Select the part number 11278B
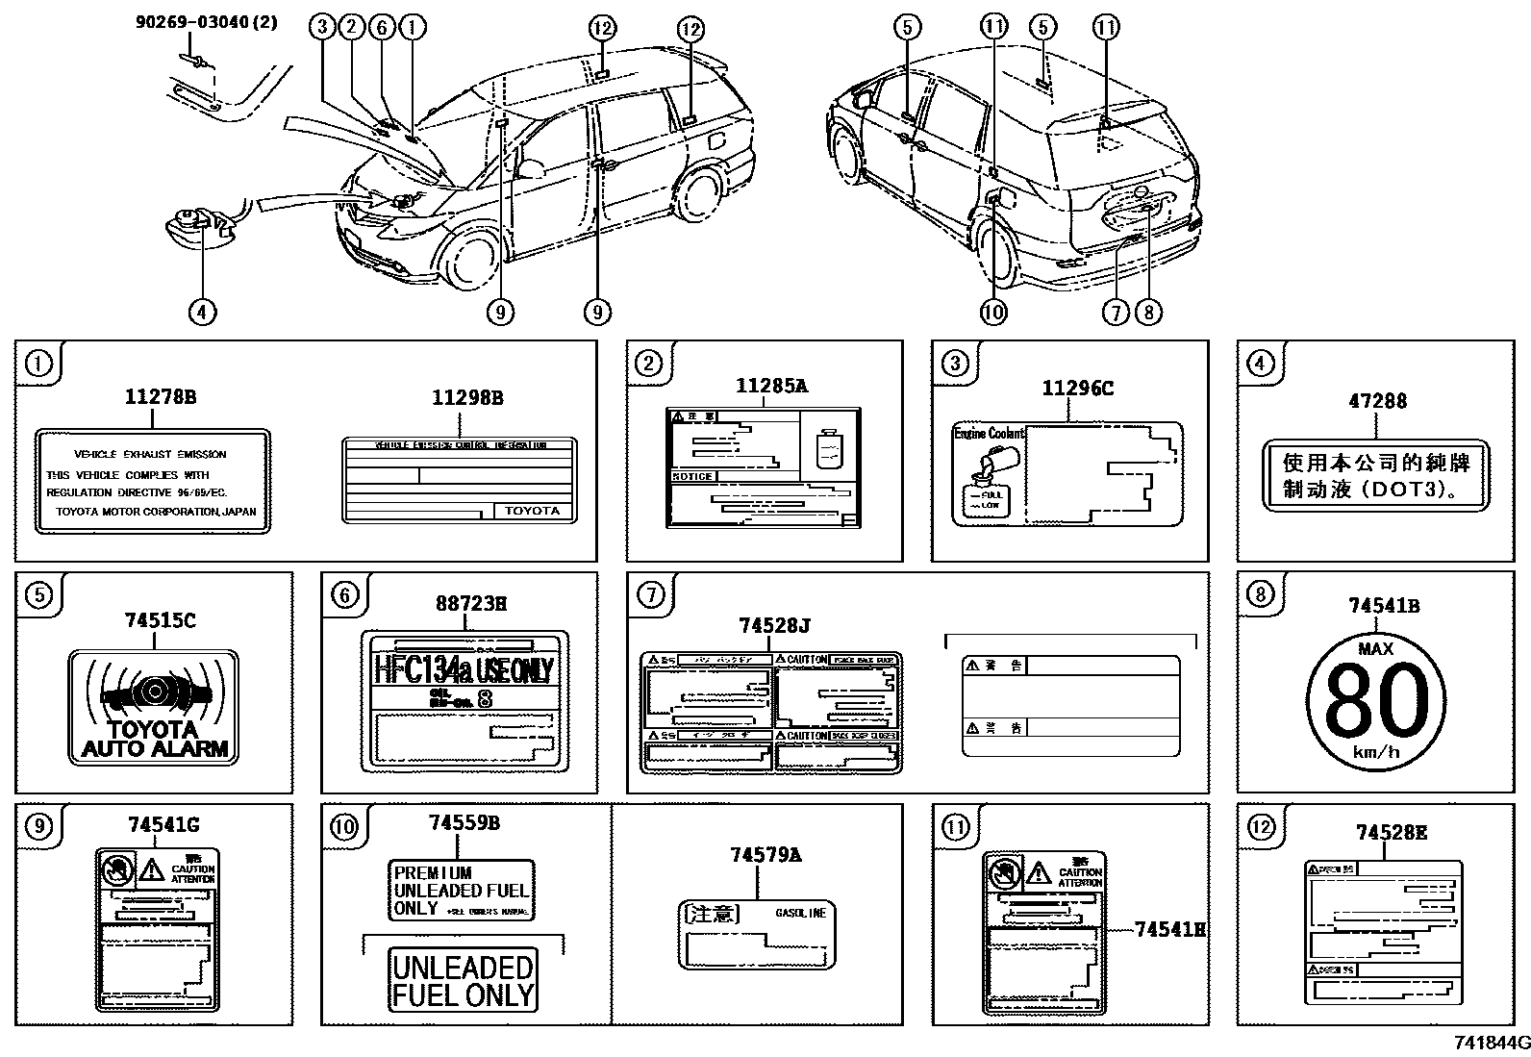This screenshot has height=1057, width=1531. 161,396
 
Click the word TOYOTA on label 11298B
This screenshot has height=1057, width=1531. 532,511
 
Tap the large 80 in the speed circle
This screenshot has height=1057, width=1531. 1376,701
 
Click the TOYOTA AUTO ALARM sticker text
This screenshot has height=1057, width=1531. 155,739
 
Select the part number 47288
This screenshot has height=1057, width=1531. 1377,400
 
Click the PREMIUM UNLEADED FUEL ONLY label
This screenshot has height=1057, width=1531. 461,891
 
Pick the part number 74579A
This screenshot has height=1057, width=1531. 766,855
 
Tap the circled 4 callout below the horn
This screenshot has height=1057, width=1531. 202,311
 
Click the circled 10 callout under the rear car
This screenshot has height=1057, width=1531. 994,311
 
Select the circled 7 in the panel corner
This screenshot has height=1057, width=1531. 651,595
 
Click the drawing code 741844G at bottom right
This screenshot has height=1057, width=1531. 1491,1044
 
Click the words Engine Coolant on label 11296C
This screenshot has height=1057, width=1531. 989,434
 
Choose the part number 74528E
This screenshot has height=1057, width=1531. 1392,833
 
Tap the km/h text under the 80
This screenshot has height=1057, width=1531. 1376,752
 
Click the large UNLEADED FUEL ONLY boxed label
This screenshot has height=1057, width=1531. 463,980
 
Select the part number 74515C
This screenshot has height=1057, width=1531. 160,621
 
